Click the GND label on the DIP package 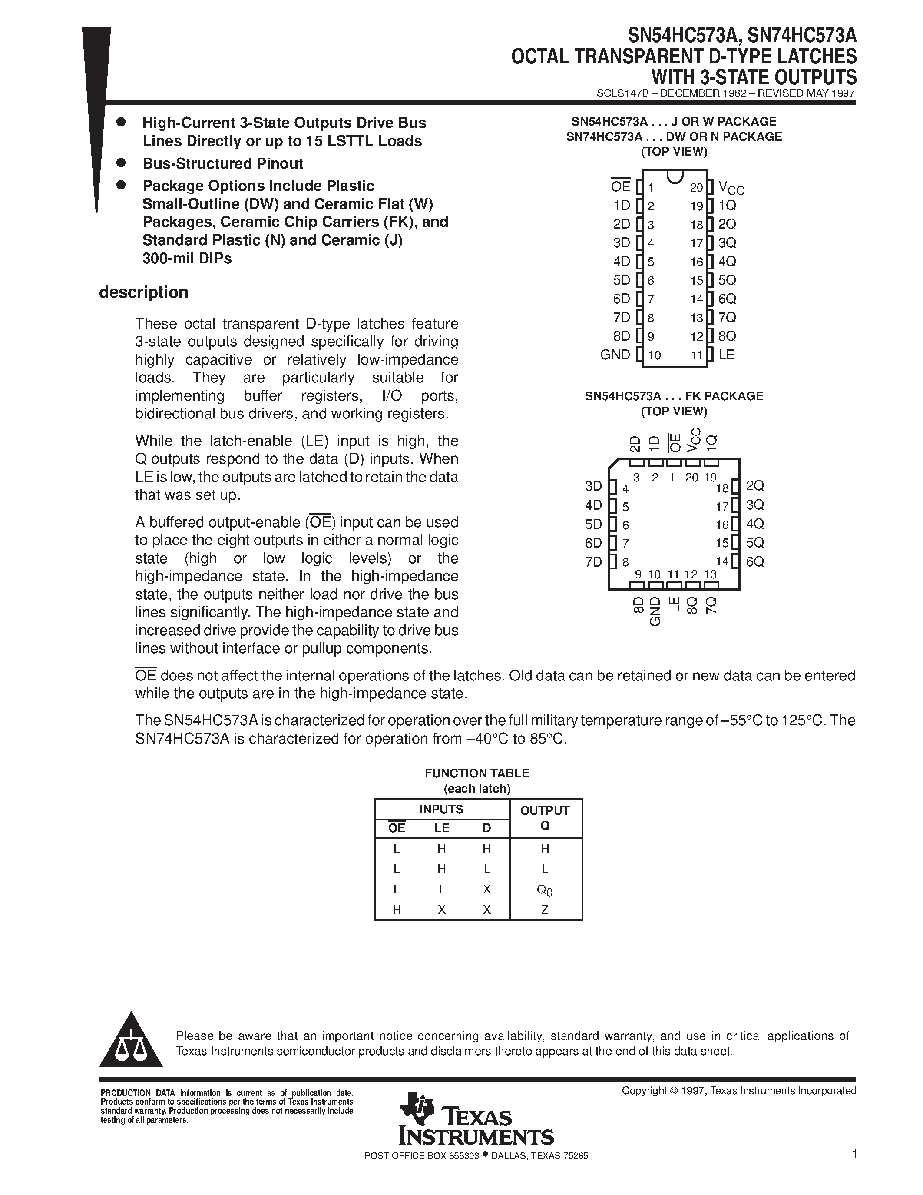coord(615,355)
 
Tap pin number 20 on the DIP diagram coord(696,188)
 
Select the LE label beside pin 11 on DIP coord(726,355)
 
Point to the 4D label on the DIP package coord(622,261)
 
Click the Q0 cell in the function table coord(545,890)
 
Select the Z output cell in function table coord(545,910)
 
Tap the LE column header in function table coord(442,828)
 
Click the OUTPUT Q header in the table coord(545,818)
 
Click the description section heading coord(143,292)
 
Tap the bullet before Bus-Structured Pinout coord(121,163)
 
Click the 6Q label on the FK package coord(754,561)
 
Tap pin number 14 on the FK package coord(722,561)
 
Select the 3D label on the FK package coord(593,486)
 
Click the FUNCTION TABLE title coord(477,773)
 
